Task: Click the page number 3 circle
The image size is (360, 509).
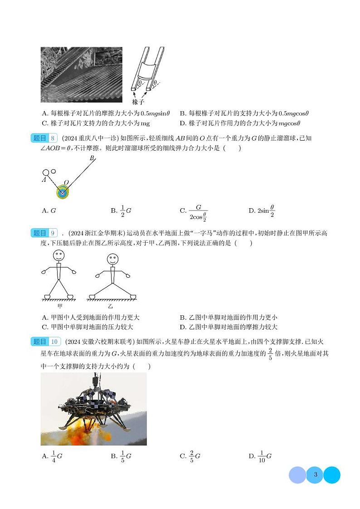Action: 315,475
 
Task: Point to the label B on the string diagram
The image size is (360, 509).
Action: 92,158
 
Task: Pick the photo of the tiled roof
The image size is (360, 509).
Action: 81,75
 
